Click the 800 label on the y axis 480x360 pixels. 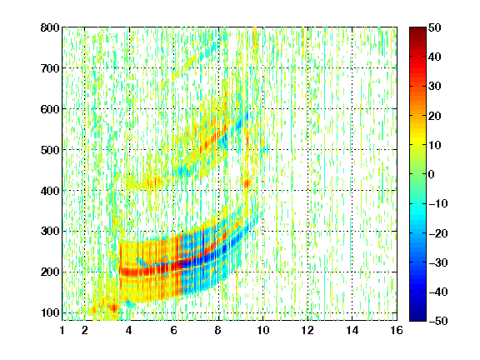click(50, 27)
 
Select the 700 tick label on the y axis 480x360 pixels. click(50, 68)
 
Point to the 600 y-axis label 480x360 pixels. click(50, 109)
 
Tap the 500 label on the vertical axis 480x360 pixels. click(50, 150)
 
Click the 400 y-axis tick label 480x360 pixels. click(50, 191)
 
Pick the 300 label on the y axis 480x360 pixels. click(50, 231)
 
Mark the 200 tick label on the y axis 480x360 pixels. click(50, 272)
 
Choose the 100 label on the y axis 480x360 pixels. click(50, 312)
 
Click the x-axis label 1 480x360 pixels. click(62, 330)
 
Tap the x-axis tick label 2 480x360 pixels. click(85, 330)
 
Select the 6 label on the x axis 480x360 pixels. click(174, 330)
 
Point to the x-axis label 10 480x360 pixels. click(263, 330)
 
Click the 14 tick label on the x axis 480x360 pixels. click(352, 330)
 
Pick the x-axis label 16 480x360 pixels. click(397, 330)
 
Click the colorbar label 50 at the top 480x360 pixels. click(434, 27)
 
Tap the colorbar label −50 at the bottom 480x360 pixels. click(438, 321)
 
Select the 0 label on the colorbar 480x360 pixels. click(432, 174)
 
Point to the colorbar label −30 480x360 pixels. click(438, 262)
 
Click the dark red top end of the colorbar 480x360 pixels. click(417, 29)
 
